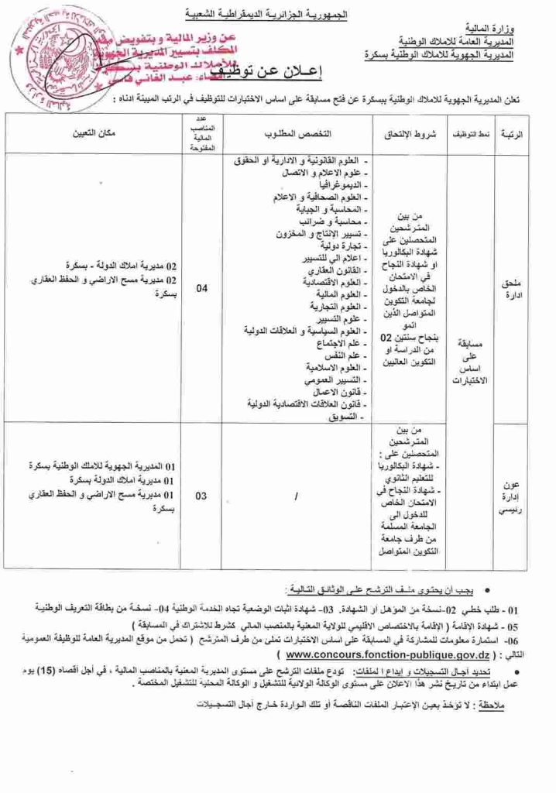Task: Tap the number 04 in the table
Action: click(x=201, y=289)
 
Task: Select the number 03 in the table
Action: click(x=201, y=496)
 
